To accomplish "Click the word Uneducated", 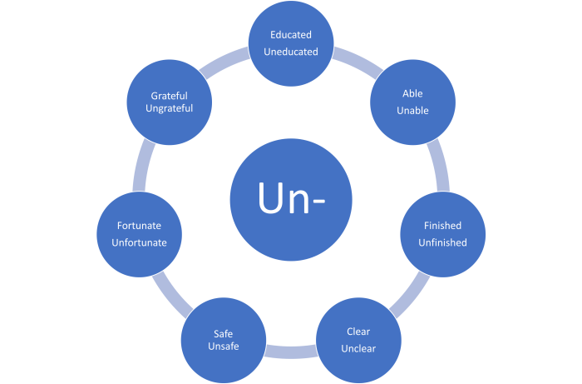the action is tap(291, 52).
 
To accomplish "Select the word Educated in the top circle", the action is tap(291, 35).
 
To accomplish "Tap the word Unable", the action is tap(412, 111).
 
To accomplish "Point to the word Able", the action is tap(412, 93).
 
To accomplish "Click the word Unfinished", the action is tap(442, 242).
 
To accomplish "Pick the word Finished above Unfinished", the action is tap(442, 225).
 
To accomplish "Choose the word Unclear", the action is tap(358, 348).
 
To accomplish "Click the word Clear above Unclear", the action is tap(358, 332).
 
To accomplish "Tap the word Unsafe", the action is tap(223, 346).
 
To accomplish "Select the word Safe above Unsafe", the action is tap(223, 333).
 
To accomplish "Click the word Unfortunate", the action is tap(139, 242).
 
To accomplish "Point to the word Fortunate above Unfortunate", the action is tap(139, 225).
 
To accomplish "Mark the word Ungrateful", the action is tap(169, 108).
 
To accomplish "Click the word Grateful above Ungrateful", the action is tap(169, 96).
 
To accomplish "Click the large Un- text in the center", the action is tap(291, 197).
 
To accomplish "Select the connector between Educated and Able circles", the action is tap(357, 62).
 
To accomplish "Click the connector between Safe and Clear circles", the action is tap(291, 352).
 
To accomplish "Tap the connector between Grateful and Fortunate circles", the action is tap(143, 166).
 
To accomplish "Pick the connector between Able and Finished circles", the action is tap(438, 166).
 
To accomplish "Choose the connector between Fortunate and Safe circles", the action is tap(172, 294).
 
